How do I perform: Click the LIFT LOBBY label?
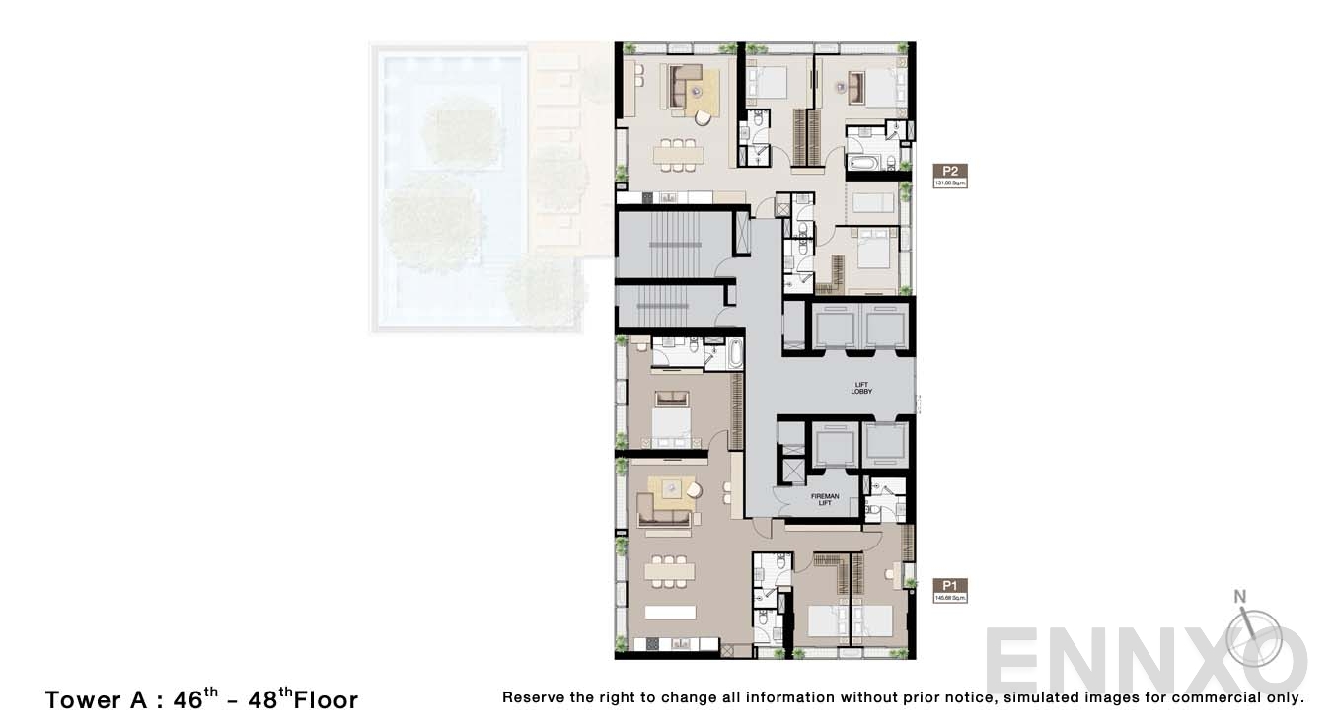tap(861, 388)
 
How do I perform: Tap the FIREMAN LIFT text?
tap(825, 499)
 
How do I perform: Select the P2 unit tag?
tap(950, 170)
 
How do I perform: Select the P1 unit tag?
tap(950, 584)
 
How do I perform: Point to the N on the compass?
tap(1240, 596)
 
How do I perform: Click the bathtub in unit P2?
tap(864, 163)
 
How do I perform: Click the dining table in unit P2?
tap(679, 154)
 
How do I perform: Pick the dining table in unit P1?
tap(669, 571)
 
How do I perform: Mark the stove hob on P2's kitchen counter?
tap(647, 198)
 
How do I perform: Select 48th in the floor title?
tap(268, 699)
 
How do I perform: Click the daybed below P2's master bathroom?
tap(874, 203)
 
